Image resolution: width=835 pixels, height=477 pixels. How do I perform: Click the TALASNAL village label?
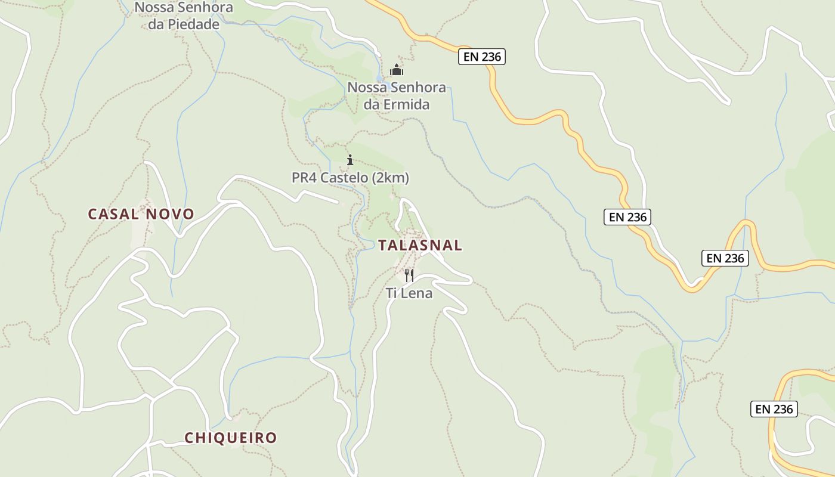(420, 245)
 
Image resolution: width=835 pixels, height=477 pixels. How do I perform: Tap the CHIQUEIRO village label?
(231, 438)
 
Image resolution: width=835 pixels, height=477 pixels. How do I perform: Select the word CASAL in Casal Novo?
(113, 214)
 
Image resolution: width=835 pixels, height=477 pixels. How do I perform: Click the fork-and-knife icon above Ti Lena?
(409, 275)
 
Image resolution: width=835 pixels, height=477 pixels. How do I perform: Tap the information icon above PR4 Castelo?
(350, 160)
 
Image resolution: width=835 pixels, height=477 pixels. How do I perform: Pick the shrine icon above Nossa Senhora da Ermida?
(397, 70)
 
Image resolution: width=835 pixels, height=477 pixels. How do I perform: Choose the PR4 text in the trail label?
(304, 178)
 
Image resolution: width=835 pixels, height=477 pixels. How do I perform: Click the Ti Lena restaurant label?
(409, 293)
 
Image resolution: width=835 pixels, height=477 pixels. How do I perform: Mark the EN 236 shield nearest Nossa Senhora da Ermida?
(483, 57)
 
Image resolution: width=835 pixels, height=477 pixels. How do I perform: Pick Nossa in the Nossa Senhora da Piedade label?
(152, 8)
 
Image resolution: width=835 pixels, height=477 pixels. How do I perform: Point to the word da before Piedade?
(149, 24)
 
